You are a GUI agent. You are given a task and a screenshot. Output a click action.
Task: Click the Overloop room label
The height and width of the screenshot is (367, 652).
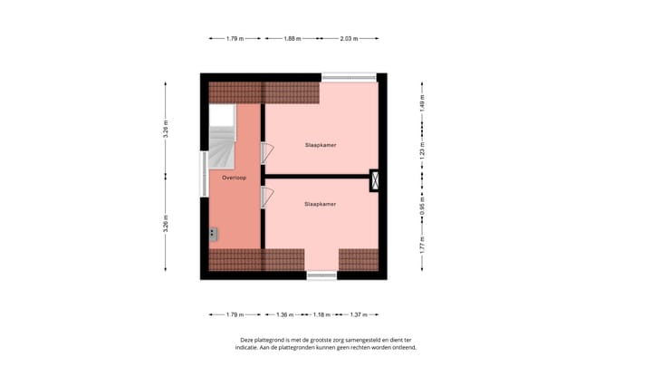[235, 179]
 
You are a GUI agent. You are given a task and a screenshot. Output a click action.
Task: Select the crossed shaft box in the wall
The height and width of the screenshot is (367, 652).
[375, 182]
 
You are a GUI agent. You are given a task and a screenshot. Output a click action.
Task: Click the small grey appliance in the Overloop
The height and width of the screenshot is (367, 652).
[214, 234]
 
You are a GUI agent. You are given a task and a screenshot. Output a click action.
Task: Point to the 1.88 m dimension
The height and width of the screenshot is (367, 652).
[291, 38]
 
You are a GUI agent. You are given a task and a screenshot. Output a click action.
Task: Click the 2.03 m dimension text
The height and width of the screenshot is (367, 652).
[349, 38]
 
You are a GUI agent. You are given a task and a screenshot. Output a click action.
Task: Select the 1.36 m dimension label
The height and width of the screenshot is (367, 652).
[283, 314]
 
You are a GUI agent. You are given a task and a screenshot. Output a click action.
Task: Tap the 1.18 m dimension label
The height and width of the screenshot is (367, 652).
[321, 314]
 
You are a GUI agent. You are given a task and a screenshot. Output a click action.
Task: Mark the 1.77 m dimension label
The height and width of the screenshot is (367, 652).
[422, 243]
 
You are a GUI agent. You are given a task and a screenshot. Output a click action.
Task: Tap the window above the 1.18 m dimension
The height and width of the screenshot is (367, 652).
[321, 275]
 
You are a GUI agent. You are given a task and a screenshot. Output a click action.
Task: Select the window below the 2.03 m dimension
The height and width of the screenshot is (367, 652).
[349, 77]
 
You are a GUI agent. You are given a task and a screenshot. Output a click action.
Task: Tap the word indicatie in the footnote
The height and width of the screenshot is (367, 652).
[252, 347]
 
